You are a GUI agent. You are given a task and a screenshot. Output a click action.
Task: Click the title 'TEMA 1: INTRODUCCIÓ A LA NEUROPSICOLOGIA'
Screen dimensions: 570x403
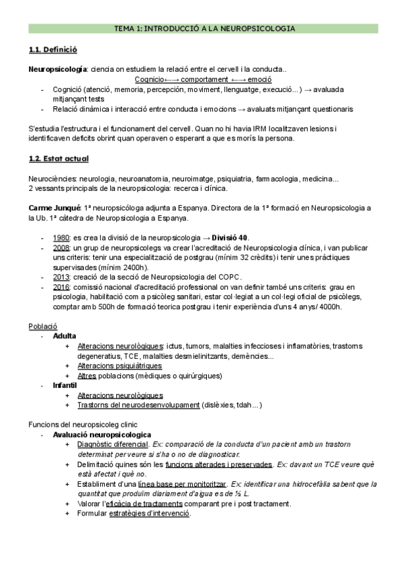(201, 29)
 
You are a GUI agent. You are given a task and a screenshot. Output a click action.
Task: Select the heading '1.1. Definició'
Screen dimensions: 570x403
(53, 50)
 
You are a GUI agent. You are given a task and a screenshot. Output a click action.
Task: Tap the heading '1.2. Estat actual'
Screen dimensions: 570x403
(59, 159)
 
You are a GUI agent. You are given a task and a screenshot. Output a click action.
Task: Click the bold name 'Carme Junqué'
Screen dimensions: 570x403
(54, 209)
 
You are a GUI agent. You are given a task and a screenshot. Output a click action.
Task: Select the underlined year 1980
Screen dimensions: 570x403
(61, 238)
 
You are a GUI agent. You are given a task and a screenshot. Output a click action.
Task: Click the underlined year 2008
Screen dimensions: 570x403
(61, 248)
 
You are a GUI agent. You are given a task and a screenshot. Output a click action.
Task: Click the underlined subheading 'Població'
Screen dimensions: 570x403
(42, 326)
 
